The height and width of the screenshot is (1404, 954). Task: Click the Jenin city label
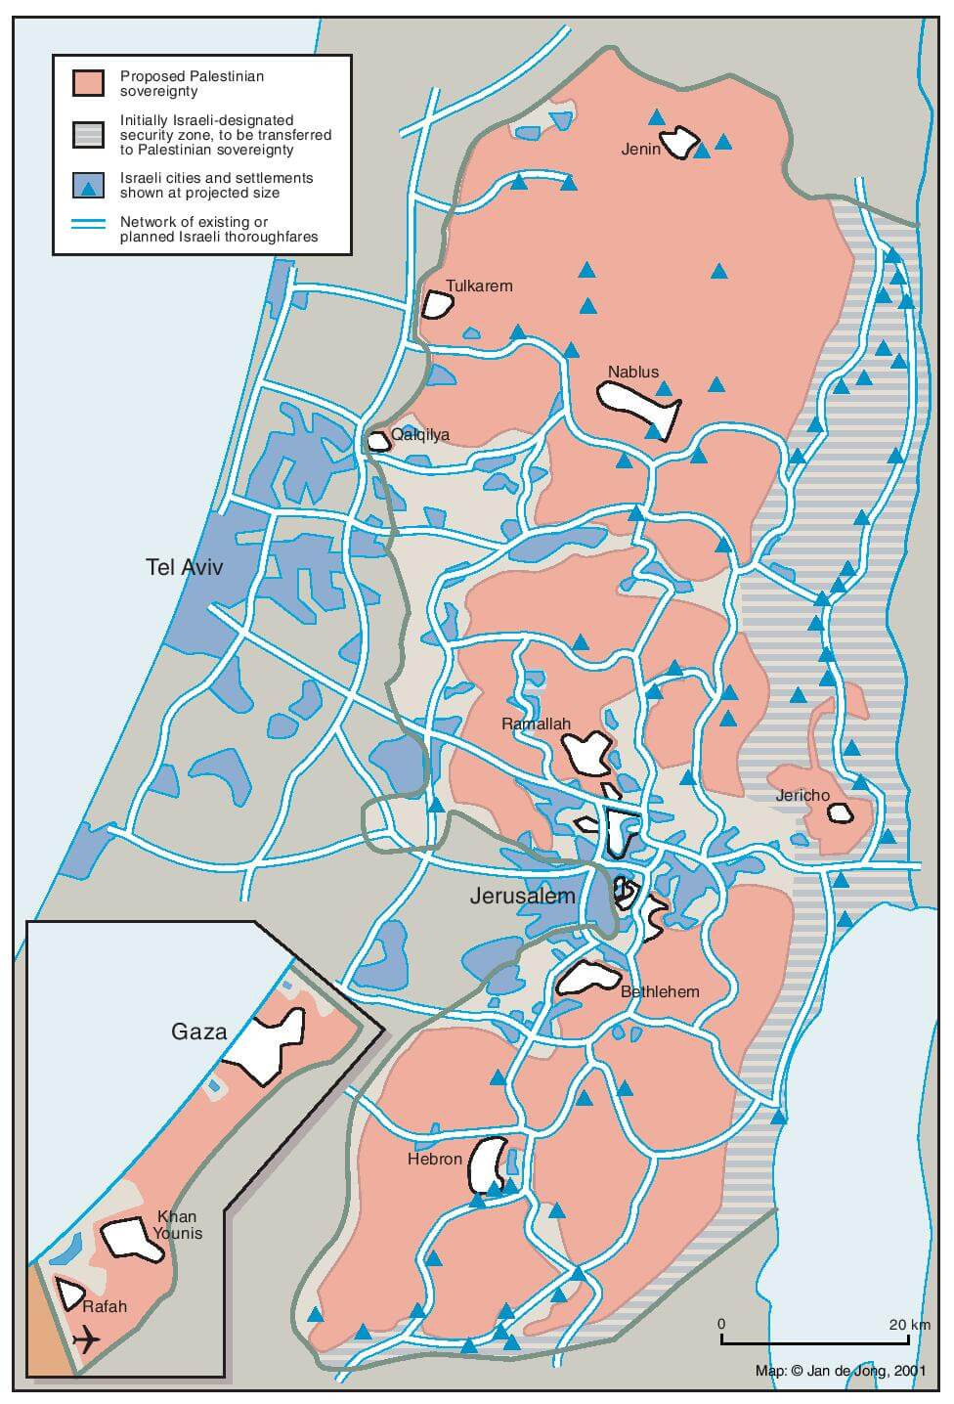pyautogui.click(x=641, y=150)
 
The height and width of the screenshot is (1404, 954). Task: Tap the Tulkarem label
pyautogui.click(x=479, y=286)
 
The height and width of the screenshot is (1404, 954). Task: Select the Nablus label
pyautogui.click(x=633, y=372)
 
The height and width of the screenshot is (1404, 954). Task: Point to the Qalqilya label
pyautogui.click(x=420, y=434)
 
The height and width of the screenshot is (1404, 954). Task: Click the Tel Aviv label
pyautogui.click(x=184, y=567)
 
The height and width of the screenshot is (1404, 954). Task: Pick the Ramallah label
pyautogui.click(x=535, y=724)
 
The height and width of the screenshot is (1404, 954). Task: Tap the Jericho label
pyautogui.click(x=802, y=796)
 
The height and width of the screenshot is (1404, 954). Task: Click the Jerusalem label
pyautogui.click(x=523, y=896)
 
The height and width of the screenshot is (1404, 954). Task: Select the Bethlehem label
pyautogui.click(x=661, y=991)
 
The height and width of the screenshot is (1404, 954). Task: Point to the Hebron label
pyautogui.click(x=435, y=1159)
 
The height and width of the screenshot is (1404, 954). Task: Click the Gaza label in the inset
pyautogui.click(x=198, y=1031)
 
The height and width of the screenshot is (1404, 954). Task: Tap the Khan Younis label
pyautogui.click(x=178, y=1225)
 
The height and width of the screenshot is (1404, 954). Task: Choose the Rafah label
pyautogui.click(x=105, y=1305)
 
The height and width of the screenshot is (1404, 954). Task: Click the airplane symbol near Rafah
pyautogui.click(x=87, y=1338)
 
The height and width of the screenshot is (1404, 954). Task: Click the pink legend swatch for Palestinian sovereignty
pyautogui.click(x=88, y=83)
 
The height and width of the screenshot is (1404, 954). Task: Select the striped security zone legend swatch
pyautogui.click(x=88, y=135)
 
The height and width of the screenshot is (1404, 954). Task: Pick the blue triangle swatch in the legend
pyautogui.click(x=88, y=186)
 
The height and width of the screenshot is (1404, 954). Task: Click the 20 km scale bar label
pyautogui.click(x=909, y=1325)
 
